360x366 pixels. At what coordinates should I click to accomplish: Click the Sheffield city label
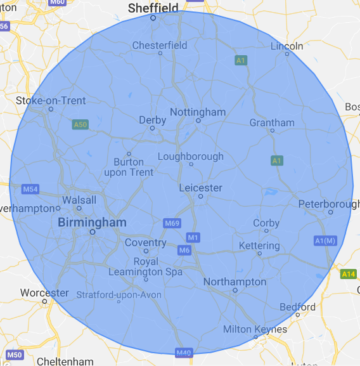click(x=153, y=8)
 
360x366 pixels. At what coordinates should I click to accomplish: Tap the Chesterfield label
click(x=160, y=45)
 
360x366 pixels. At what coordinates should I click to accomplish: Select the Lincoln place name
click(x=286, y=46)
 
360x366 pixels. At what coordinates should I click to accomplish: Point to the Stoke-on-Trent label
click(x=51, y=100)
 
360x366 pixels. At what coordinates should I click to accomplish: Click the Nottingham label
click(x=198, y=112)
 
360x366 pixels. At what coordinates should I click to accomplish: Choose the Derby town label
click(x=152, y=120)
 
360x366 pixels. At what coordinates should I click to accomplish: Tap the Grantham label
click(x=272, y=122)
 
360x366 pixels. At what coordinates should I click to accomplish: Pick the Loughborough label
click(x=190, y=156)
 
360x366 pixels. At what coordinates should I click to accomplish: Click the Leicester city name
click(x=200, y=188)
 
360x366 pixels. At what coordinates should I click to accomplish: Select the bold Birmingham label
click(x=92, y=222)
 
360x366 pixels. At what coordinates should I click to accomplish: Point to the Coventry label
click(x=145, y=242)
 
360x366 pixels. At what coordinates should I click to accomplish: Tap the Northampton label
click(x=235, y=282)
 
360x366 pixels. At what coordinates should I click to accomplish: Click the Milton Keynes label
click(x=255, y=329)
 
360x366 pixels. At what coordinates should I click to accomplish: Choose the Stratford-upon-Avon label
click(x=119, y=294)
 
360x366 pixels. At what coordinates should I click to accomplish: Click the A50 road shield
click(x=80, y=125)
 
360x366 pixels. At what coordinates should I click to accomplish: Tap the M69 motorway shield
click(x=172, y=223)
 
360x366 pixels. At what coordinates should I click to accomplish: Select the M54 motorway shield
click(x=30, y=189)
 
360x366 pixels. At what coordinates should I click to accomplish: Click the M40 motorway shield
click(x=184, y=353)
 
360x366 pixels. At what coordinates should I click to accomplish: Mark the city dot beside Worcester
click(x=44, y=301)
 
